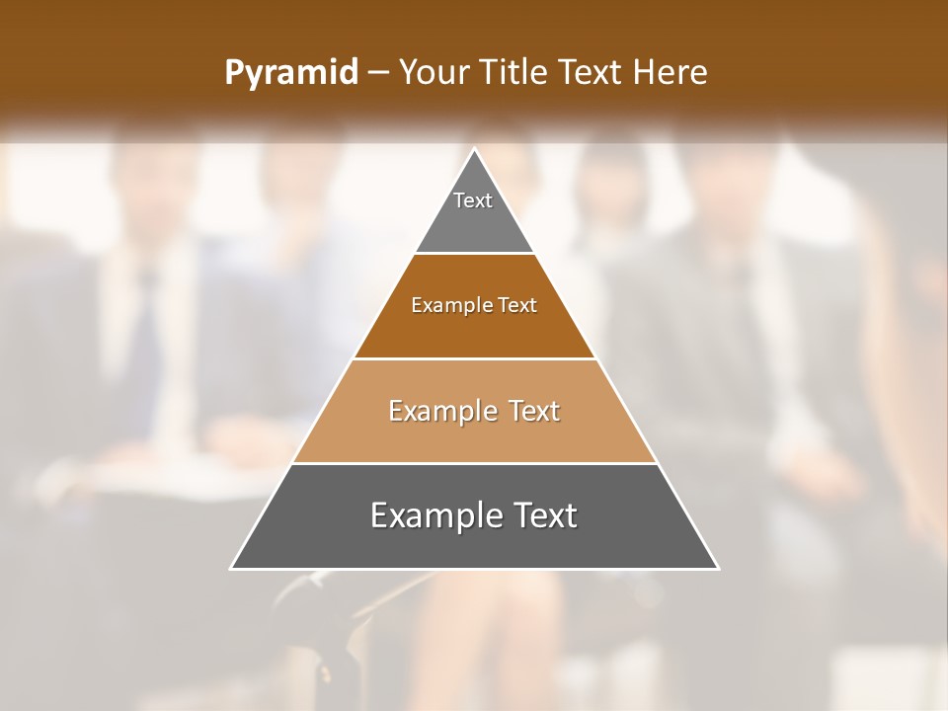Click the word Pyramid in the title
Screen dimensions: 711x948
click(x=290, y=73)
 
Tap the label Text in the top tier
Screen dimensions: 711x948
click(x=473, y=200)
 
